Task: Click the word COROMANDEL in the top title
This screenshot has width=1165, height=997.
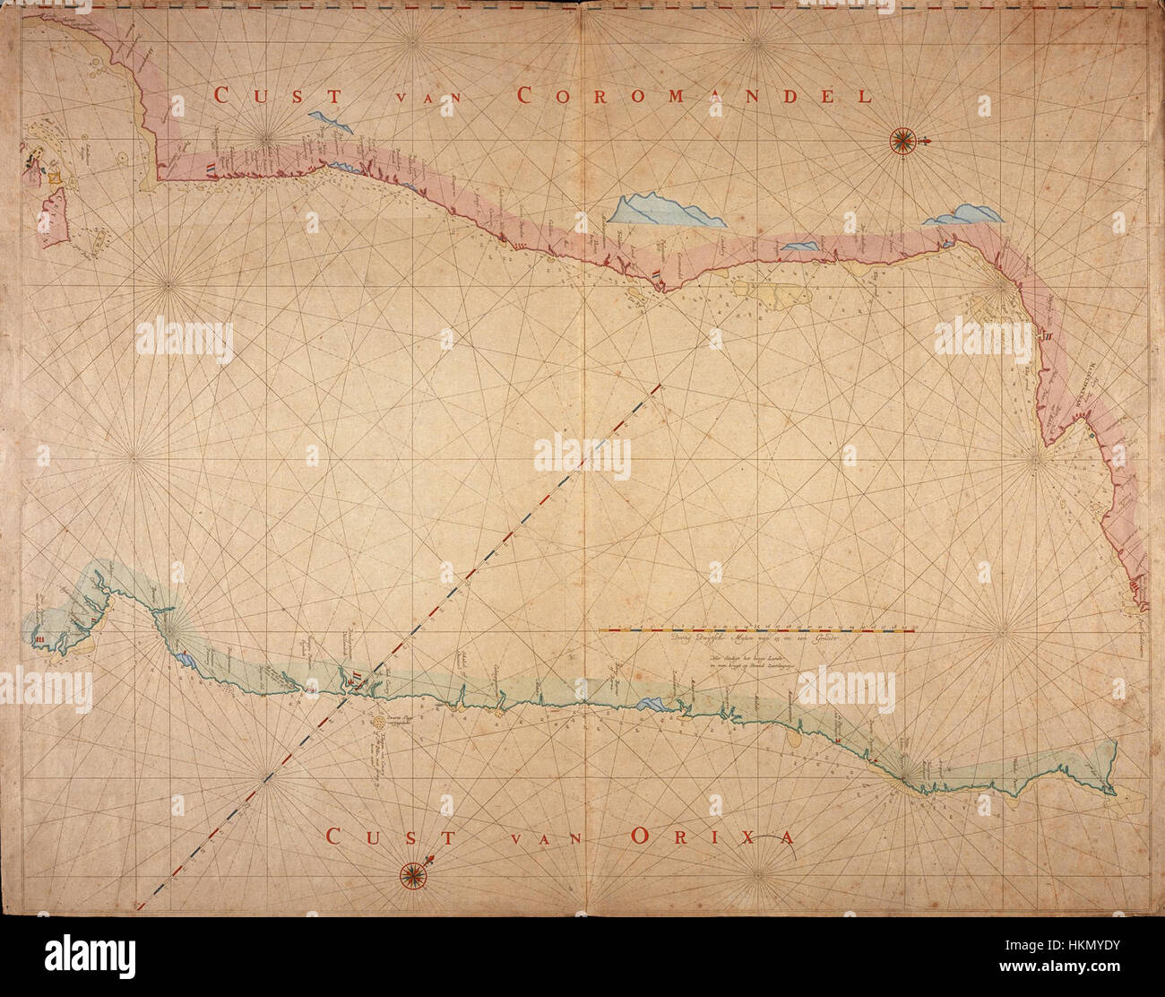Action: coord(695,96)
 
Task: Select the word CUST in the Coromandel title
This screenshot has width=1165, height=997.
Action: coord(260,96)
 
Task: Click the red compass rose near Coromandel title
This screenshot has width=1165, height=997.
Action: coord(902,139)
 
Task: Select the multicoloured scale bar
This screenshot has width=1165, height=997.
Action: coord(757,630)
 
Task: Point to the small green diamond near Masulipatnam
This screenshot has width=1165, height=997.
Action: coord(1092,435)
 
